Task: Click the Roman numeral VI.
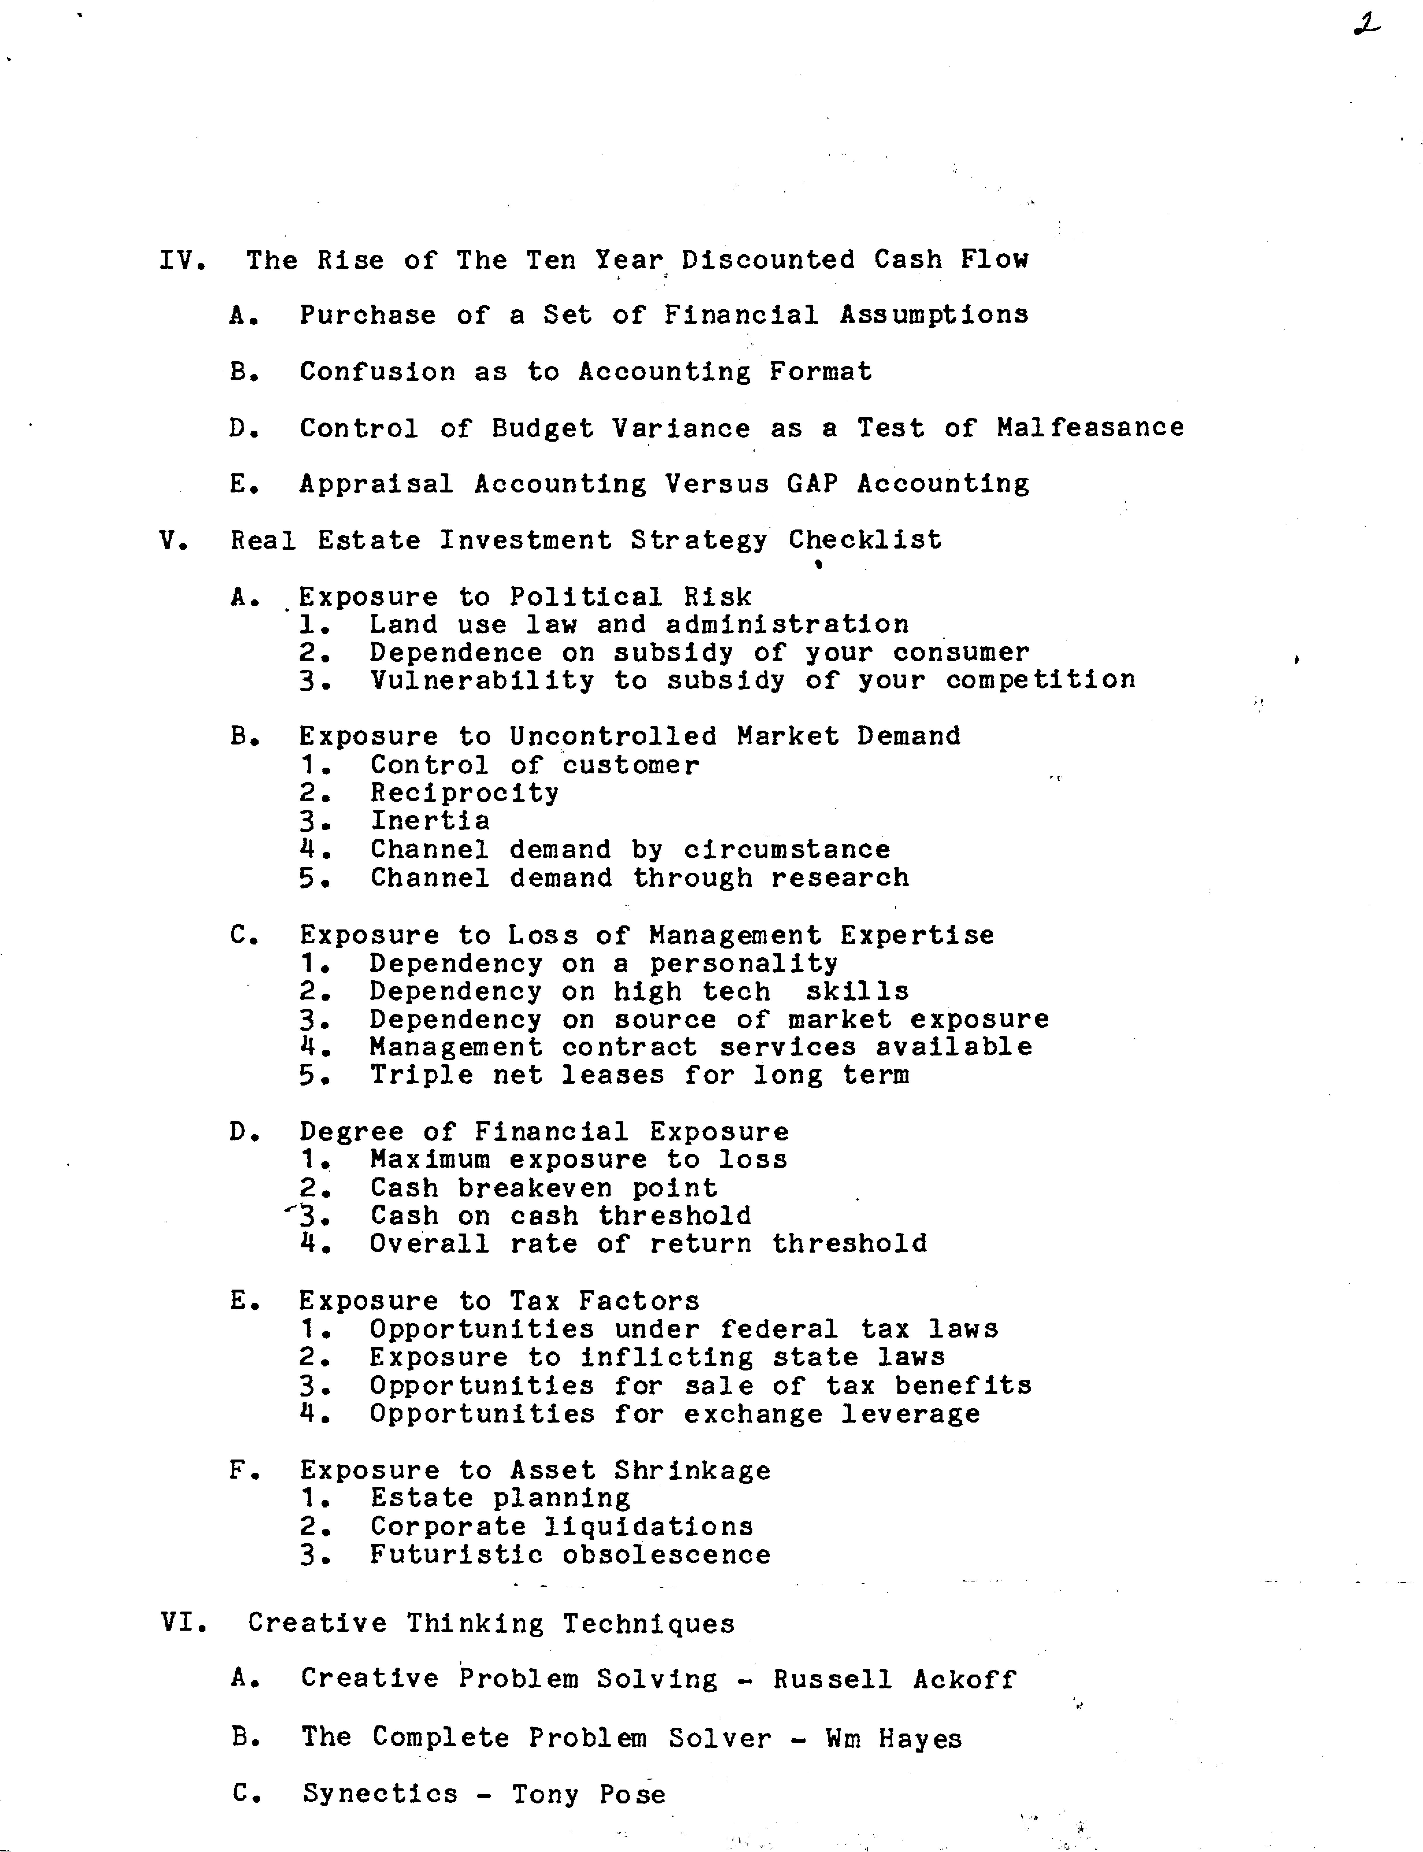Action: pos(182,1623)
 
